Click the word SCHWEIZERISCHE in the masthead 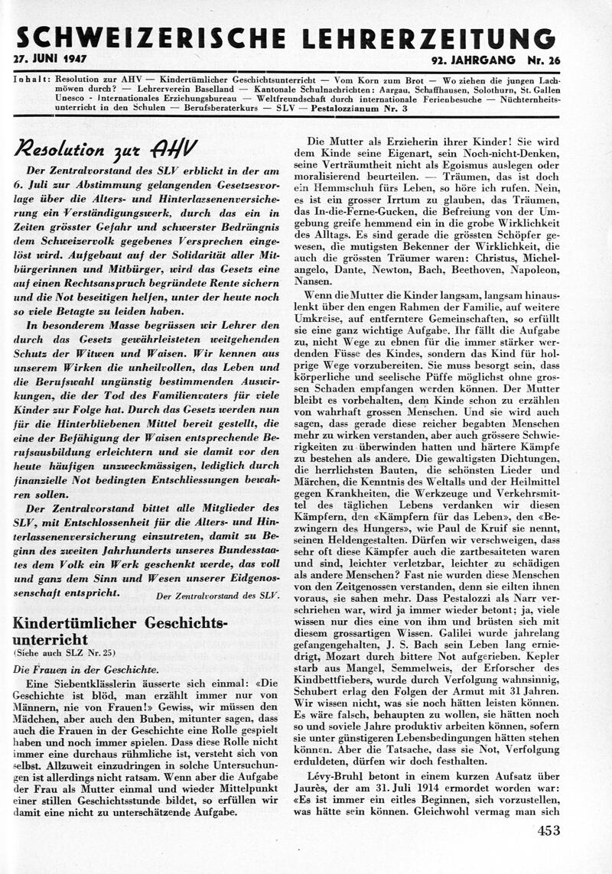click(145, 37)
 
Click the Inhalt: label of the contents click(31, 80)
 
